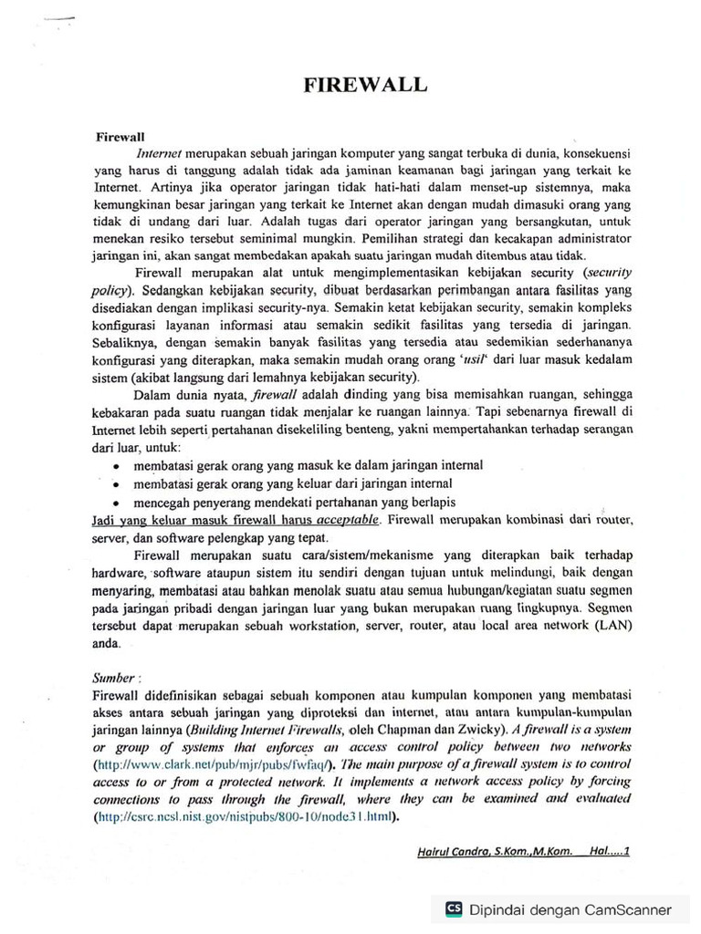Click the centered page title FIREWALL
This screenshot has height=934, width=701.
click(x=365, y=85)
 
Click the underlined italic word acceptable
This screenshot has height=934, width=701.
click(x=346, y=520)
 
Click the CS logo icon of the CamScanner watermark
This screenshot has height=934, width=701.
click(x=454, y=908)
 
